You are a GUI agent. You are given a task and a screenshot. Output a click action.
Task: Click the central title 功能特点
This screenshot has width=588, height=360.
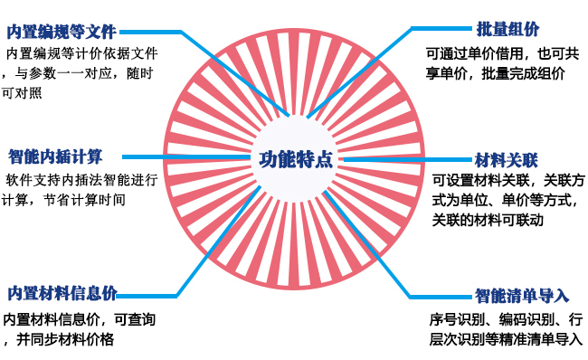point(296,159)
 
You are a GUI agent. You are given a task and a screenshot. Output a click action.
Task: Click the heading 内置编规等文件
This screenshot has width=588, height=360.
point(62,32)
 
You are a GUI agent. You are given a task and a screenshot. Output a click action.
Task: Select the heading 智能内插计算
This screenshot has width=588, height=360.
point(55,156)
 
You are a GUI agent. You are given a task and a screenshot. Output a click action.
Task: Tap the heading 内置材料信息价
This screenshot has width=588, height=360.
point(62,294)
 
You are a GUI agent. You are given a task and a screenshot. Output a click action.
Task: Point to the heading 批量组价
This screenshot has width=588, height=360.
point(507,29)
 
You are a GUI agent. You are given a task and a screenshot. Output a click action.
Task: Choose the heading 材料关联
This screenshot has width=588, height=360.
point(507,160)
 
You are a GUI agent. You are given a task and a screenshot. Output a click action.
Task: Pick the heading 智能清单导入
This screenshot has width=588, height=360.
point(522,296)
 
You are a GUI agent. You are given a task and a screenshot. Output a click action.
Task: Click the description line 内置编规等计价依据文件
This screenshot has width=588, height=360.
point(82,53)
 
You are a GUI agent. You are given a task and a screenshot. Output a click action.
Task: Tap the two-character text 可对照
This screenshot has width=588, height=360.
point(22,92)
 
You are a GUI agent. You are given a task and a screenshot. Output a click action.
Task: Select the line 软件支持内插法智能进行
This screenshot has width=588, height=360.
point(81,180)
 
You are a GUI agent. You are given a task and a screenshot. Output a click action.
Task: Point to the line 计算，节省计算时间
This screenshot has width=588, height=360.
point(63,200)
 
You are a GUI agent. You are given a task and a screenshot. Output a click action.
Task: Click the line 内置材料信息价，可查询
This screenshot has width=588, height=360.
point(80,320)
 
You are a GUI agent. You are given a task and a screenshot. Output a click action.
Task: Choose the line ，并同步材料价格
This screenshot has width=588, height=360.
point(59,339)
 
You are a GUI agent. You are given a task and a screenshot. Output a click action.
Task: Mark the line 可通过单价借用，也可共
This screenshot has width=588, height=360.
point(502,53)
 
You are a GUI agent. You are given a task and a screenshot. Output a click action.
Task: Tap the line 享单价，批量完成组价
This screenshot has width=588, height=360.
point(496,73)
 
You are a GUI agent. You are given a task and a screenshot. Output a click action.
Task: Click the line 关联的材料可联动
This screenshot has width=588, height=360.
point(488,220)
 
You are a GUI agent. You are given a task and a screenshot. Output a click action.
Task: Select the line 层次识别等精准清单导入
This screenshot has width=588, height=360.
point(506,339)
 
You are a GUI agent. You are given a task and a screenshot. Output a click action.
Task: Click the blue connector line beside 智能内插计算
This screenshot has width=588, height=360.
point(186,157)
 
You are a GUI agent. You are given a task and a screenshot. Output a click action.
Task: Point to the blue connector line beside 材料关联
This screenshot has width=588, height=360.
point(408,160)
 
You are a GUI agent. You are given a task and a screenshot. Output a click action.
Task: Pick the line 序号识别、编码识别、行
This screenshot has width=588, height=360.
point(506,320)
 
